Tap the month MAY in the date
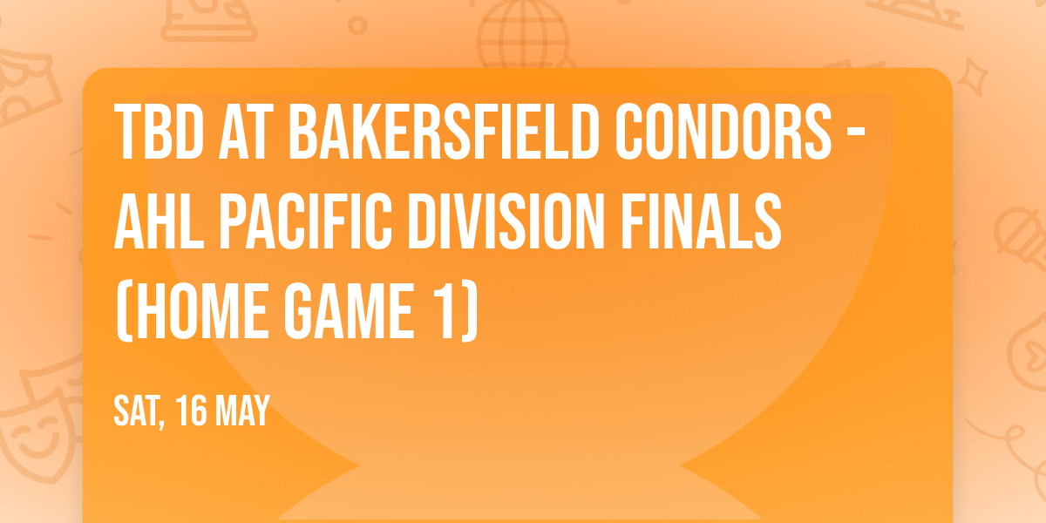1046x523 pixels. coord(241,411)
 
